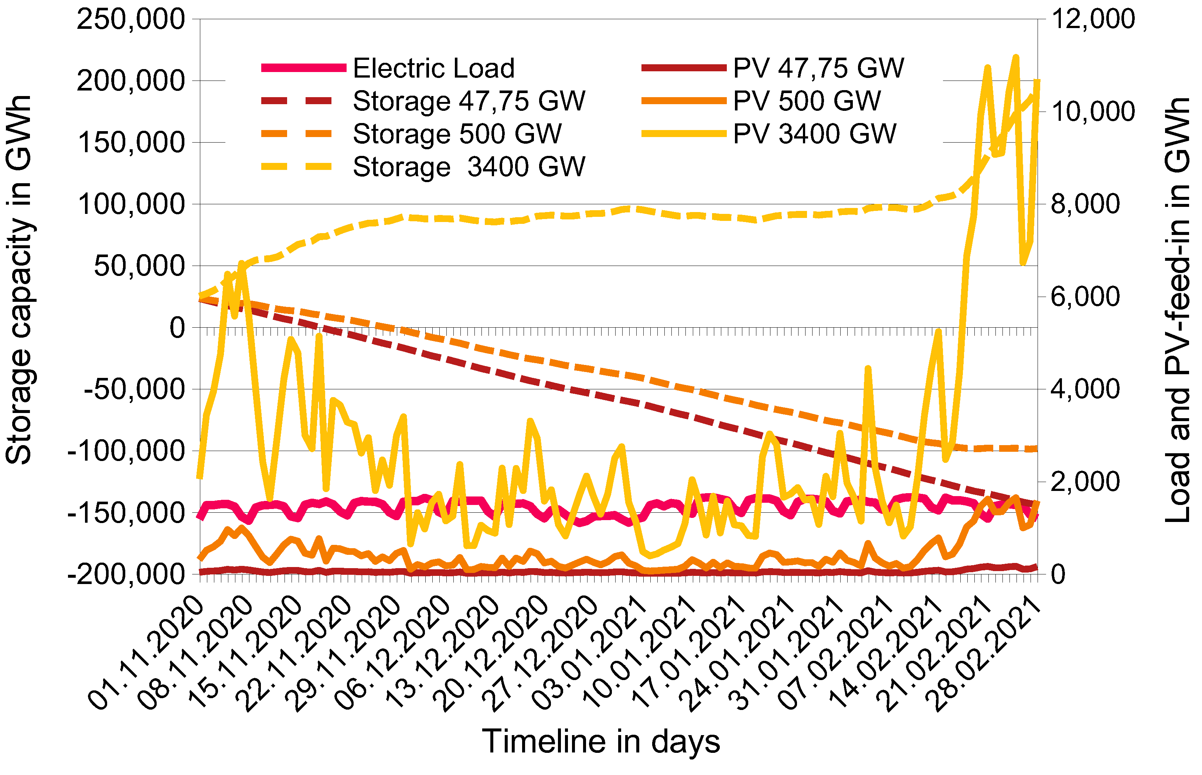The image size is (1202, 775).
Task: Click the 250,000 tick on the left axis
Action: pyautogui.click(x=131, y=19)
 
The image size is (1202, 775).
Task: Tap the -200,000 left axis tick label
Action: pyautogui.click(x=126, y=574)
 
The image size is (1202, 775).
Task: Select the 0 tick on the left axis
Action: pyautogui.click(x=177, y=328)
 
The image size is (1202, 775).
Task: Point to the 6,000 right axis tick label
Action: pyautogui.click(x=1085, y=296)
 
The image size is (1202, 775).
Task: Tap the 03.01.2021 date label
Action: pyautogui.click(x=589, y=653)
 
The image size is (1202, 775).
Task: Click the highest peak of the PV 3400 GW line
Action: pyautogui.click(x=1015, y=57)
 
